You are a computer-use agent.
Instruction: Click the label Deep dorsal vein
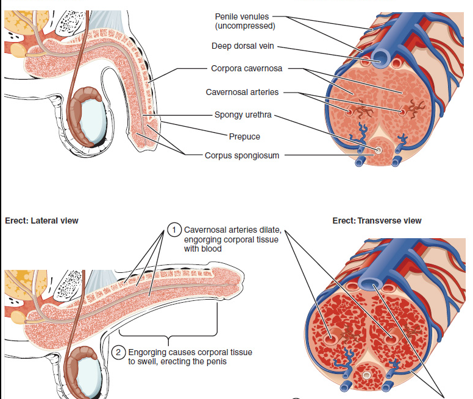point(243,46)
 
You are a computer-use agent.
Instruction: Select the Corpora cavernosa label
point(246,68)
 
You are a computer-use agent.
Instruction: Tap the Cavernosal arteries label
point(242,92)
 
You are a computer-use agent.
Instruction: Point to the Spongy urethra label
point(243,115)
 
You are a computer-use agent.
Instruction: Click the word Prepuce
point(244,136)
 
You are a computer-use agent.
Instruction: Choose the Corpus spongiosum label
point(242,155)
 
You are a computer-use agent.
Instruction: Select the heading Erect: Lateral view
point(41,221)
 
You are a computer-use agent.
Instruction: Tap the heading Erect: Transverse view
point(377,221)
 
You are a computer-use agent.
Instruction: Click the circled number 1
point(174,230)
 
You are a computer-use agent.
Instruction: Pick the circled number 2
point(119,352)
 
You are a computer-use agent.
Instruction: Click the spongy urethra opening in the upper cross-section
point(379,150)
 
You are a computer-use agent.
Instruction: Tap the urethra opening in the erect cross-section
point(366,376)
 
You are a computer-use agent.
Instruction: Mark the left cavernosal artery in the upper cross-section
point(350,113)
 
